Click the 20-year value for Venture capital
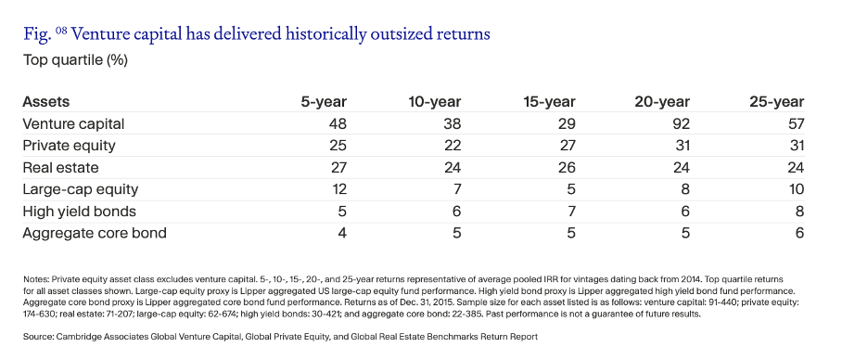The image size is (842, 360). point(681,124)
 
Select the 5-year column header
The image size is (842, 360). point(324,102)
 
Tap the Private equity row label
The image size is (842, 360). point(69,147)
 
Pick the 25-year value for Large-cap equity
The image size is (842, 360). point(797,189)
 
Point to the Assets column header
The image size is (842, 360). point(46,102)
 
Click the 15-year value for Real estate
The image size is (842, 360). point(567,168)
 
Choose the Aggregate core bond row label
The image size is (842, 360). point(95,233)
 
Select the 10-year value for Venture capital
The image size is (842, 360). point(453,124)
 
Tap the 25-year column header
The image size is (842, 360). point(777,102)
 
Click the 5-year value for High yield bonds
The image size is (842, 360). point(342,212)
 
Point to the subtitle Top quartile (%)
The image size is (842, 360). point(75,60)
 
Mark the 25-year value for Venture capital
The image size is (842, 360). point(796,124)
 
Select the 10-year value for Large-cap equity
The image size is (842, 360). point(457,189)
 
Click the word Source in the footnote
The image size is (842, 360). point(37,337)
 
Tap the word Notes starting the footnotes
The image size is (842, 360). point(33,280)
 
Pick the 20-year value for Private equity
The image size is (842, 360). point(681,147)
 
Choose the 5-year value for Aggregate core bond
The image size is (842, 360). point(342,233)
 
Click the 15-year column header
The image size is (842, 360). point(549,102)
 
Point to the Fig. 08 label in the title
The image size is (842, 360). point(45,34)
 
